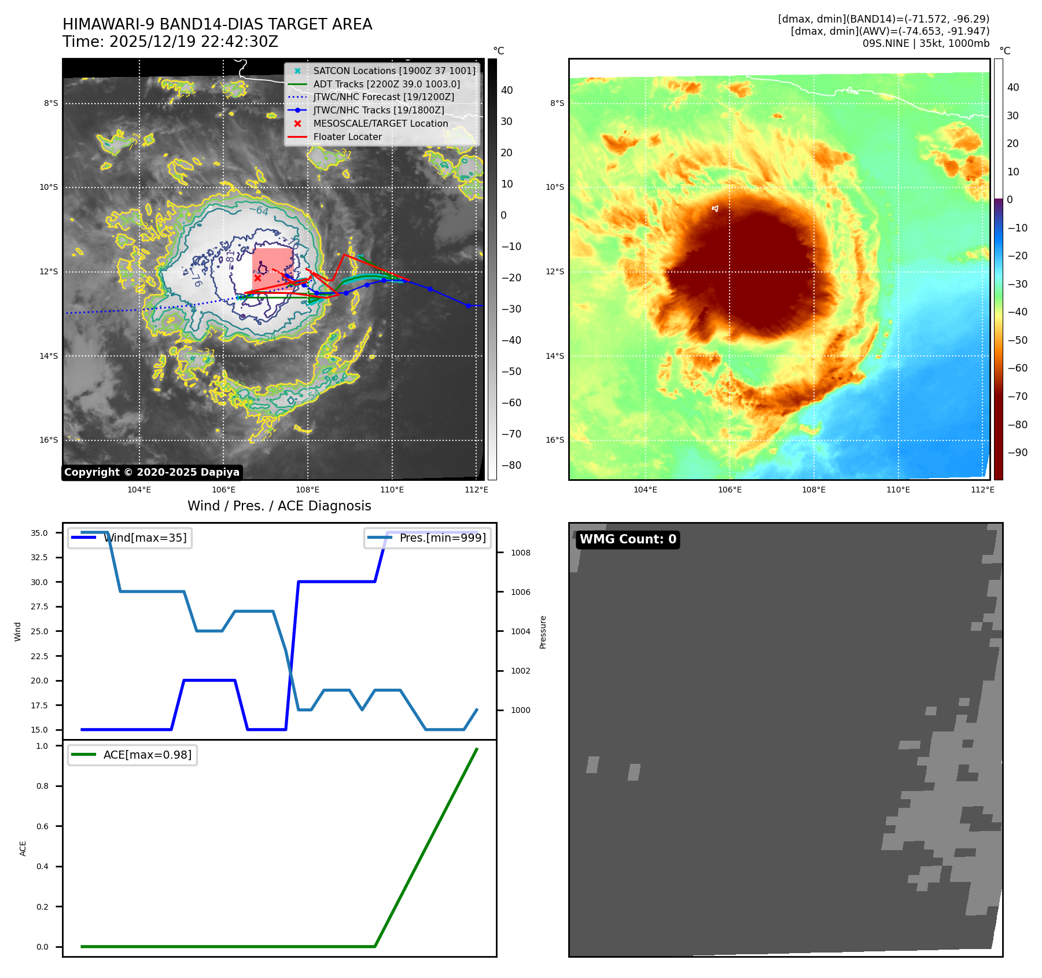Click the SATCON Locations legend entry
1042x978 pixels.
[x=394, y=71]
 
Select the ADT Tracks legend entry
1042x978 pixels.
[x=386, y=84]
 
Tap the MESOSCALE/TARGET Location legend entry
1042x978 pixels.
[x=380, y=123]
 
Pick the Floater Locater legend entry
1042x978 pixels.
[x=347, y=137]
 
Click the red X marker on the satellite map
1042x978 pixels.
[x=257, y=278]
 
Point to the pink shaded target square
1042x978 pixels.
[x=272, y=263]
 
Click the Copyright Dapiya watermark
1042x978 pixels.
[x=152, y=472]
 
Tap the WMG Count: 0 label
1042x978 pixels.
[x=628, y=539]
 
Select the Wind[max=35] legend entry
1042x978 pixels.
[x=145, y=538]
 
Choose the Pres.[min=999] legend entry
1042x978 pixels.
[x=442, y=538]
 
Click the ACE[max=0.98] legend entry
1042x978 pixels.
[x=147, y=755]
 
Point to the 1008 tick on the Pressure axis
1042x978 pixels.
[x=520, y=553]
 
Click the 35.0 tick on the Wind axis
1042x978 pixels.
[x=39, y=533]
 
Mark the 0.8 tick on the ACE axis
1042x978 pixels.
[x=42, y=786]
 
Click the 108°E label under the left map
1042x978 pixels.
[x=308, y=490]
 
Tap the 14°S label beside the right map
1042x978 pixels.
[x=554, y=356]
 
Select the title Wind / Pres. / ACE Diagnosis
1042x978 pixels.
[x=279, y=506]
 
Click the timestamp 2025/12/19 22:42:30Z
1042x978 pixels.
[x=193, y=42]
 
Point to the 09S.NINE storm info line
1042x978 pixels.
[x=925, y=43]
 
